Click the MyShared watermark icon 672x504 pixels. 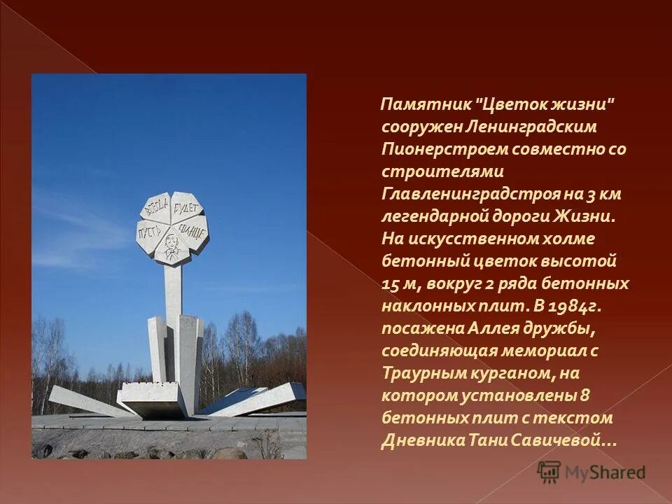(549, 472)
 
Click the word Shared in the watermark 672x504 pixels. (617, 472)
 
